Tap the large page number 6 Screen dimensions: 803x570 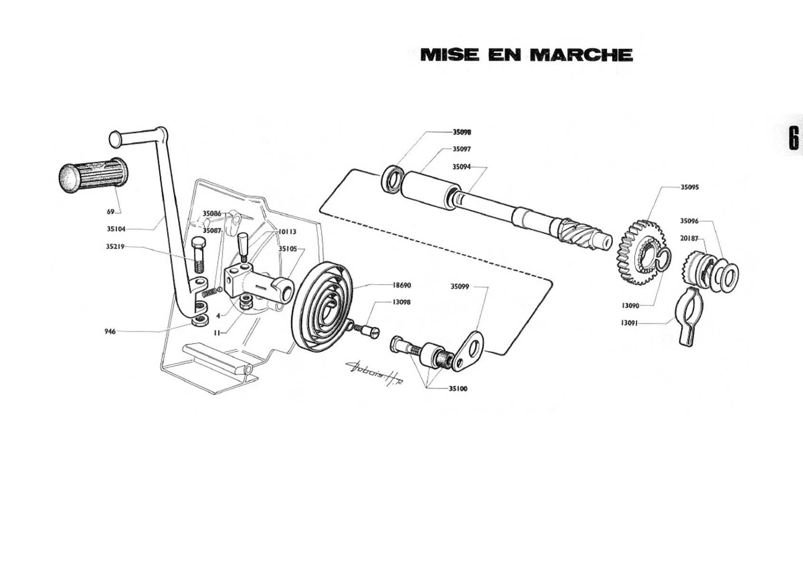pos(793,138)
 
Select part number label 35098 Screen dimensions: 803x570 pos(462,132)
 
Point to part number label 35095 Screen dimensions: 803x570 pos(690,187)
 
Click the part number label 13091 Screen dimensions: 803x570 pos(630,323)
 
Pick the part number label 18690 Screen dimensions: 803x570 pos(402,285)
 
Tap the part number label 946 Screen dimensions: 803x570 pos(110,332)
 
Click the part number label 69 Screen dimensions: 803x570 pos(110,212)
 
